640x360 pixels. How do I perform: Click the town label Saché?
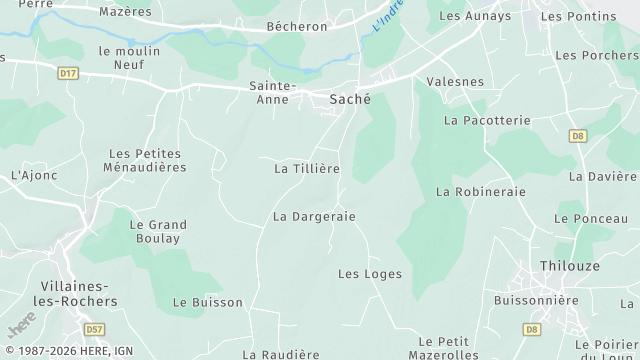coord(350,99)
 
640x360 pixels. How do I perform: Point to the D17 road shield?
coord(68,73)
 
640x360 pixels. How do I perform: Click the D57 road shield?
coord(95,329)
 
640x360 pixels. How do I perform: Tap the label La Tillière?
coord(307,169)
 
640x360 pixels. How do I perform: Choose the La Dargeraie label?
coord(314,216)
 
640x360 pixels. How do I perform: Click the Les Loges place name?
coord(370,274)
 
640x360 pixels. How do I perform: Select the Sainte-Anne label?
coord(273,92)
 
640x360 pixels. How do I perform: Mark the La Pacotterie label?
coord(487,120)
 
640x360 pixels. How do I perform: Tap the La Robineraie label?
coord(481,191)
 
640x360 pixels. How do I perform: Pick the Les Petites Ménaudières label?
coord(145,160)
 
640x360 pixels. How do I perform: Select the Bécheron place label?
coord(298,26)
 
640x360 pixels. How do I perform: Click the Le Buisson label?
coord(208,302)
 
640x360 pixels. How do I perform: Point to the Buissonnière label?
coord(536,300)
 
